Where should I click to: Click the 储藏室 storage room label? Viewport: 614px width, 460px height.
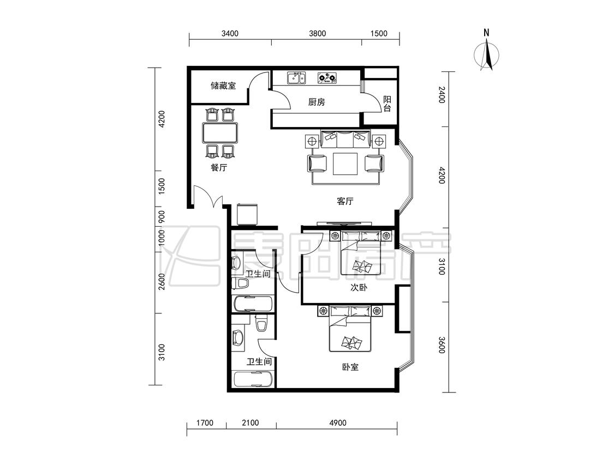coord(223,85)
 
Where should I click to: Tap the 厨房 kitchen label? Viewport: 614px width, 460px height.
coord(317,102)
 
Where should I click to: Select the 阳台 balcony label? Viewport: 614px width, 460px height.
coord(387,104)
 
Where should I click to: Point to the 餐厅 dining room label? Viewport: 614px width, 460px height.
coord(219,167)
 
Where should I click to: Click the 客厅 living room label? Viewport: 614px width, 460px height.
coord(345,201)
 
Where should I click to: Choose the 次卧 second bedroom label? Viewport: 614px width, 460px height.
coord(358,288)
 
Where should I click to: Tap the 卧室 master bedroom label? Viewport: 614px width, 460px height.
coord(350,367)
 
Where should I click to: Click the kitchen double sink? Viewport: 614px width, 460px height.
coord(296,78)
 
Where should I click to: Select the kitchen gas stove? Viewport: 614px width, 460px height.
coord(327,78)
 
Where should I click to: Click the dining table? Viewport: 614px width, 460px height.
coord(220,132)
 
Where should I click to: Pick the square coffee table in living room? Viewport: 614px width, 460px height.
coord(345,164)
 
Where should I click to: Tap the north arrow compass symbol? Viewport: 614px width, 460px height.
coord(487,53)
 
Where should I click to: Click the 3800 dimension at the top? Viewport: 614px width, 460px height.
coord(317,33)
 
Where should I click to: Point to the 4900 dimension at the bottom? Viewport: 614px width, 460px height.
coord(337,422)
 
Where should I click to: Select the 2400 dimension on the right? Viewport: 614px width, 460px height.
coord(442,95)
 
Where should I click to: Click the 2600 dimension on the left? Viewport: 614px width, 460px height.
coord(162,282)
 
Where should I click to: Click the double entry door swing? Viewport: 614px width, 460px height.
coord(208,196)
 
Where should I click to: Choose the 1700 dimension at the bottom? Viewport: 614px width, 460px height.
coord(205,422)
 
